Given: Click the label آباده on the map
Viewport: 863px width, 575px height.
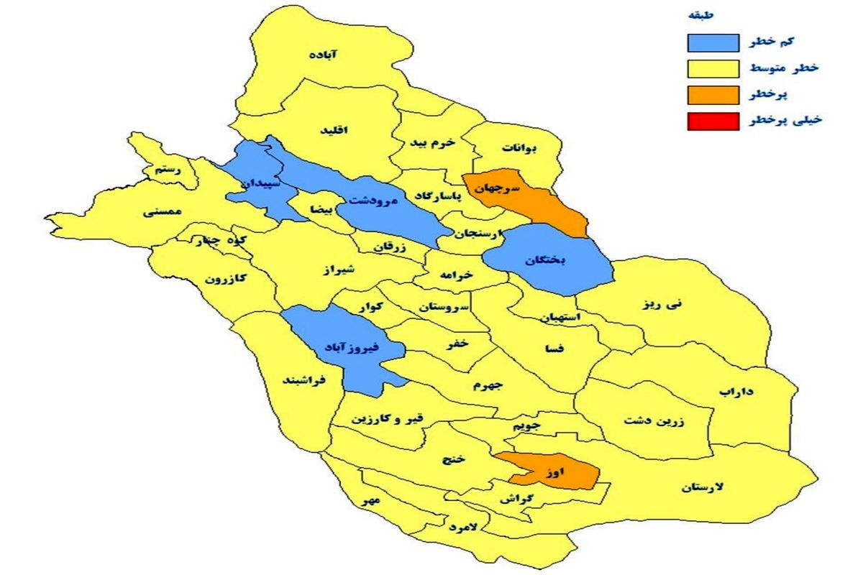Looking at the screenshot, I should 324,55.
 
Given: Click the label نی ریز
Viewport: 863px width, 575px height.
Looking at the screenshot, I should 662,304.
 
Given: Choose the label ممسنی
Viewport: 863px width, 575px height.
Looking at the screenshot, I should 165,212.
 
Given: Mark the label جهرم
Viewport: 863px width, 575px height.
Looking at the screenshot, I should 489,385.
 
